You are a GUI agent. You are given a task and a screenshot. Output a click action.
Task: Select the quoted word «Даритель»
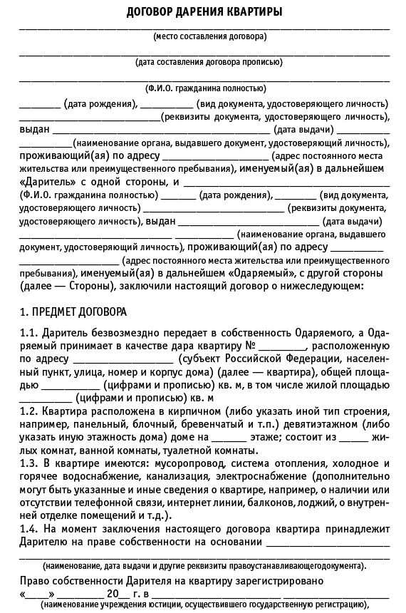pos(44,182)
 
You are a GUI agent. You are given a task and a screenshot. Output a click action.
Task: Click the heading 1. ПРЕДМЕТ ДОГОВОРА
pos(73,313)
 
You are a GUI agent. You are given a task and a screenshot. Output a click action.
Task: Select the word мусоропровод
pos(172,463)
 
